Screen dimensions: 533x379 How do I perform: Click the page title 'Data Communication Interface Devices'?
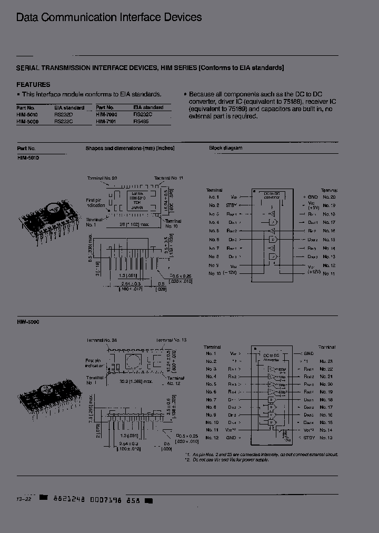[109, 17]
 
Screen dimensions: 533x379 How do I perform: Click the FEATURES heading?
[33, 84]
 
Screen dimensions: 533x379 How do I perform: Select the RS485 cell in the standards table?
[141, 121]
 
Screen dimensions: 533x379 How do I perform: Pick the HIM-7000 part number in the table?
[106, 114]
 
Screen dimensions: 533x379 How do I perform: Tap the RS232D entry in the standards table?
[64, 114]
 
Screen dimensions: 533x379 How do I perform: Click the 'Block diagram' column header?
[225, 148]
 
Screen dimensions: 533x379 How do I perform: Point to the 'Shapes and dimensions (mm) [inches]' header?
[130, 148]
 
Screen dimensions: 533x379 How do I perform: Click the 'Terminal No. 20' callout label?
[103, 178]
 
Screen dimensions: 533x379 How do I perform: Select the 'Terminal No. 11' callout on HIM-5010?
[168, 178]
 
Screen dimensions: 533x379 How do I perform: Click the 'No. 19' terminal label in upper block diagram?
[329, 205]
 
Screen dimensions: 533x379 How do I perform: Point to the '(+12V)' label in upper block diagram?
[314, 271]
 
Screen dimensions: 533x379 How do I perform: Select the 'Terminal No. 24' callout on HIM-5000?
[103, 340]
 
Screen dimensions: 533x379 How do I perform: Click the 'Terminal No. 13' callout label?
[172, 340]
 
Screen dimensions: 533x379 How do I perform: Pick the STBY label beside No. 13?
[311, 438]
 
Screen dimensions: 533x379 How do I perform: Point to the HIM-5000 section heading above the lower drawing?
[28, 321]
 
